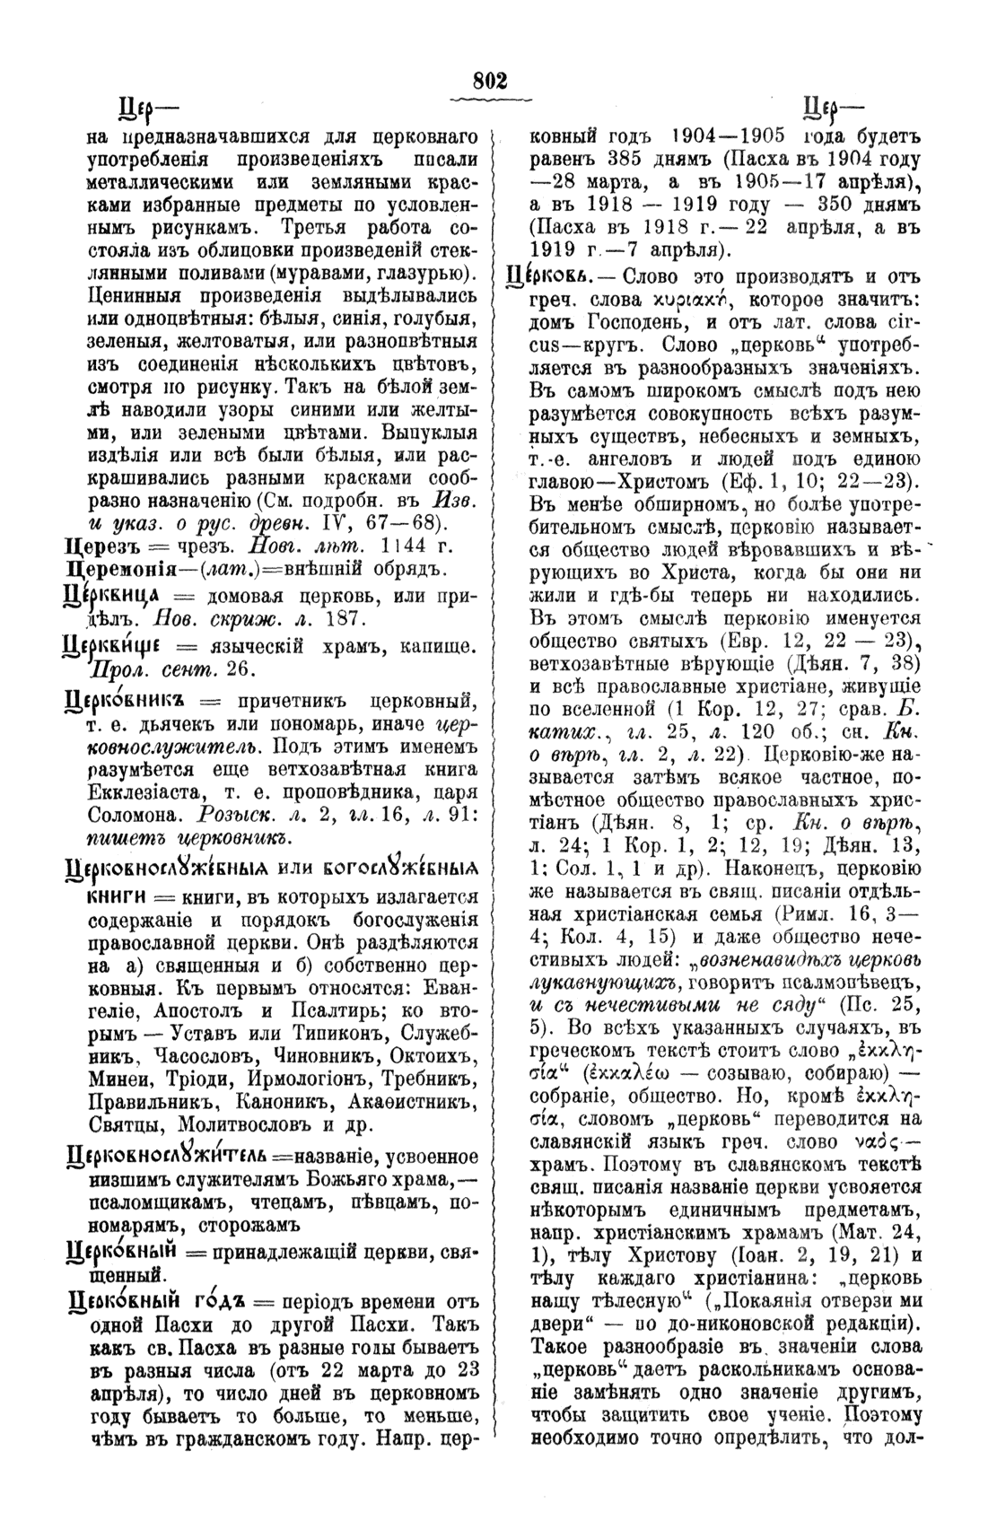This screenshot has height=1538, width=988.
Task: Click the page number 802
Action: click(x=491, y=81)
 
